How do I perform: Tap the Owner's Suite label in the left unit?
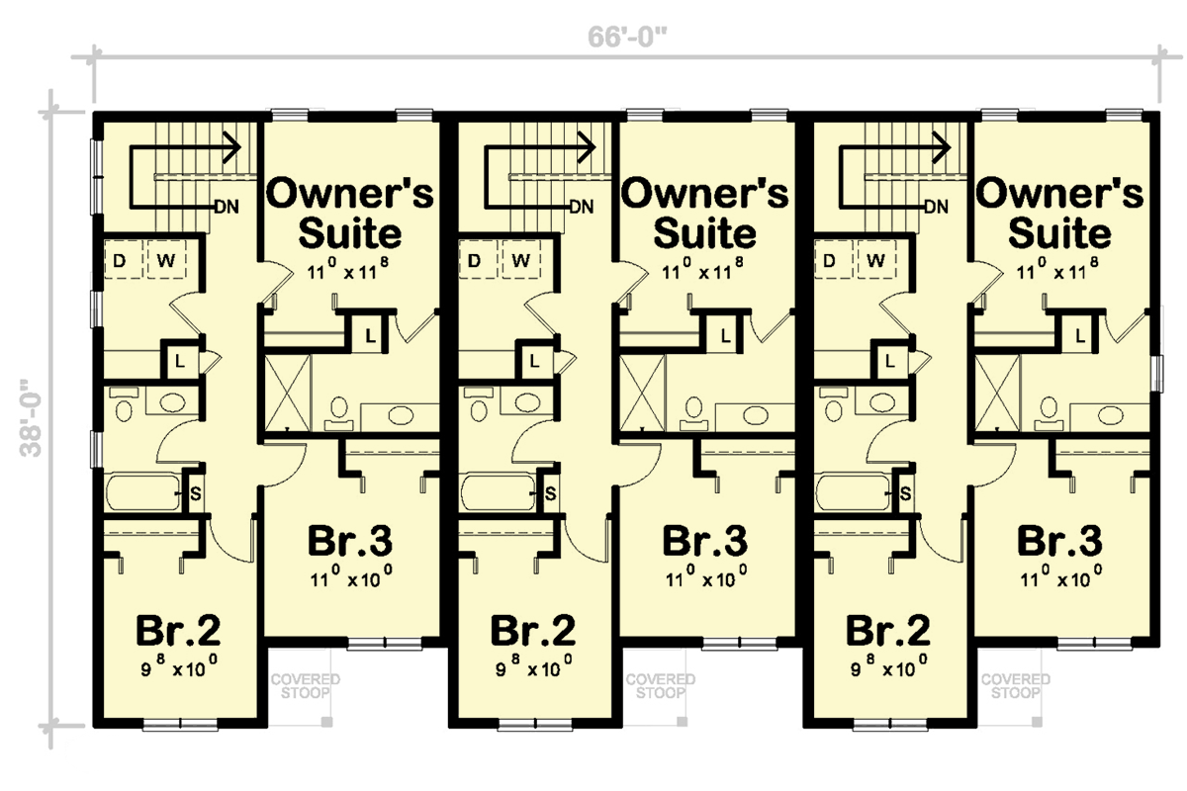(x=349, y=214)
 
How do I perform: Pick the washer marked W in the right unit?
(x=875, y=261)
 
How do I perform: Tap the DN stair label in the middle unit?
(x=582, y=207)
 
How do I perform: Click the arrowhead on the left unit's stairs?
(x=234, y=147)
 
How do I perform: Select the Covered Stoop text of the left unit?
(x=306, y=686)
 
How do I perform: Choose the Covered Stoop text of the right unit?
(x=1016, y=686)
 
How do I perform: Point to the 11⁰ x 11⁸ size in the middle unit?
(x=704, y=270)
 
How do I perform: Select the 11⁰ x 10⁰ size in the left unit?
(x=349, y=575)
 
